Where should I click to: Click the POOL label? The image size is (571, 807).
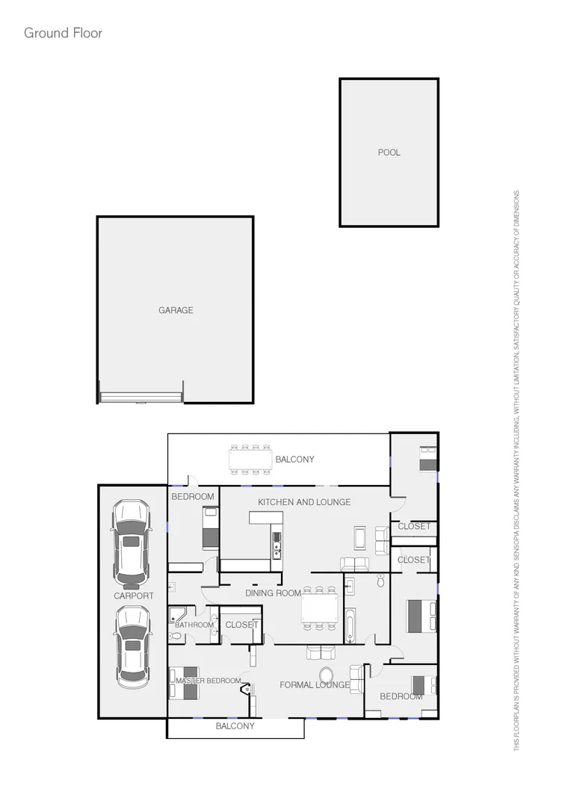389,152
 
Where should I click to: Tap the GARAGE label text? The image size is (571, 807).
176,310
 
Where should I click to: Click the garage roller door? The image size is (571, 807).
141,396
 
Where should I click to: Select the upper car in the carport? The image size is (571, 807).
131,542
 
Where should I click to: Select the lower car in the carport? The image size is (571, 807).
132,647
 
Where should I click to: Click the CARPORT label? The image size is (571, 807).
134,596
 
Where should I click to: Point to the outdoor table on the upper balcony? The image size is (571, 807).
250,459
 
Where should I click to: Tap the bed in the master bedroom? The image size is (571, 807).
185,682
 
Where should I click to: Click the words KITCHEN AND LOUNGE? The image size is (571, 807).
304,502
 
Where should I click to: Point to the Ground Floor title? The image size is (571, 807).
63,33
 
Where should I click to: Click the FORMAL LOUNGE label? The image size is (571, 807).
314,684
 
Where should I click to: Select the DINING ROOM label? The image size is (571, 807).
273,593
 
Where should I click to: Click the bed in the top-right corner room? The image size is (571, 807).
428,457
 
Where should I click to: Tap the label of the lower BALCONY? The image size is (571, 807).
235,726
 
